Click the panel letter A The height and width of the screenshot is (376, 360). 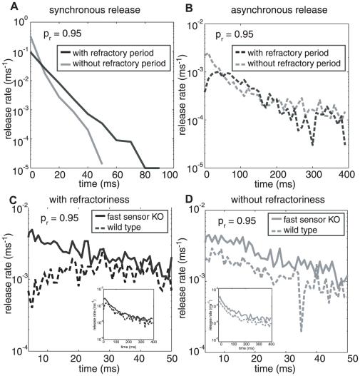pos(6,6)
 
